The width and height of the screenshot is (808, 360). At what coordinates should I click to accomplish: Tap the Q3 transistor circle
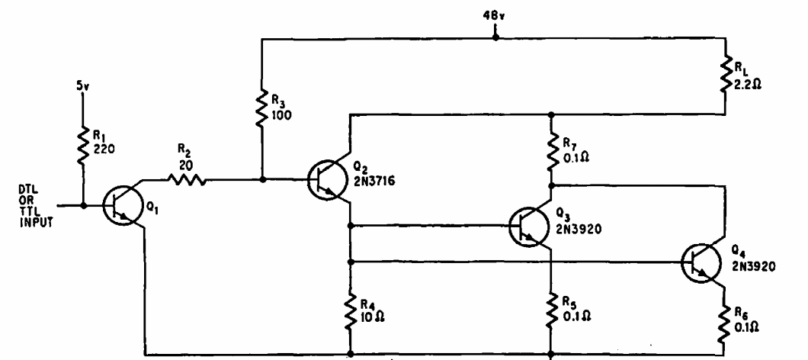coord(529,226)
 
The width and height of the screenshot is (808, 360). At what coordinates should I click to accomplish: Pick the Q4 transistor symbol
coord(701,263)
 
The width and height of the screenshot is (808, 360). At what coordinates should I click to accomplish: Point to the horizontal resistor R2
coord(185,180)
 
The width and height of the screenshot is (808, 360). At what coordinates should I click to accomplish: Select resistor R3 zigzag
coord(261,107)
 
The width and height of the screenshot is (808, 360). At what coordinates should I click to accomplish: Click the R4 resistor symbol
coord(351,311)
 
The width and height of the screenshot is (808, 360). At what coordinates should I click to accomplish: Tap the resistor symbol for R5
coord(551,311)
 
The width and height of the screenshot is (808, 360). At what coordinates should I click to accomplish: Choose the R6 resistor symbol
coord(725,323)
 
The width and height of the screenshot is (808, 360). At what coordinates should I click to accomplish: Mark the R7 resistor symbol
coord(551,150)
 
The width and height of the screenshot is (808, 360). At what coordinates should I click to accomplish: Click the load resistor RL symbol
coord(725,76)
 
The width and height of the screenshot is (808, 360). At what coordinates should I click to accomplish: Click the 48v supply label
coord(495,16)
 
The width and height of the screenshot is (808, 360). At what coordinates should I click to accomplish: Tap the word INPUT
coord(36,223)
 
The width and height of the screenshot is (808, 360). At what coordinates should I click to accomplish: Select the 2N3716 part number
coord(374,181)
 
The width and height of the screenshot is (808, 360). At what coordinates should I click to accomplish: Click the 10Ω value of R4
coord(371,316)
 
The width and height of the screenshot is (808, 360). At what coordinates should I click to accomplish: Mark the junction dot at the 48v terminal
coord(495,37)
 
